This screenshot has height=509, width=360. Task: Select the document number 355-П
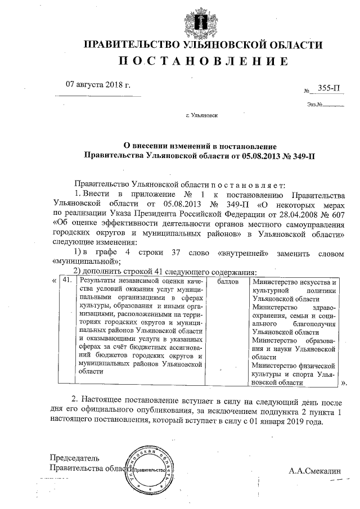328,88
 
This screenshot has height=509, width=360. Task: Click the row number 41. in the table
67,280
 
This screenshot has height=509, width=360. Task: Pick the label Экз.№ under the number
314,103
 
